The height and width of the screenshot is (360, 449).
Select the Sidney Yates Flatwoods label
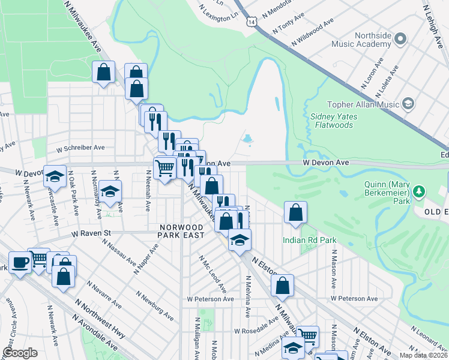[334, 121]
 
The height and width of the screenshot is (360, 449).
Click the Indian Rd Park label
[309, 241]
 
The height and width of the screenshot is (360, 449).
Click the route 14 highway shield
[250, 22]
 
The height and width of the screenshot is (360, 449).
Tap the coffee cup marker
[20, 263]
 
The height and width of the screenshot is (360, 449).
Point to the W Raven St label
[92, 233]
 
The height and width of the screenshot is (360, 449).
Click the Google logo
[20, 353]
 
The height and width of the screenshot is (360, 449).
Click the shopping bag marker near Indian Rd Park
[295, 212]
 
